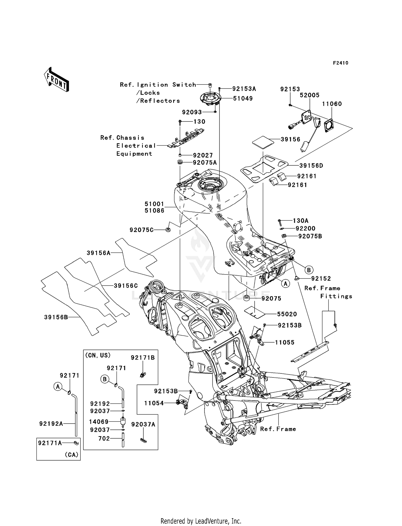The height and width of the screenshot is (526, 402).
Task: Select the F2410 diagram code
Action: click(340, 63)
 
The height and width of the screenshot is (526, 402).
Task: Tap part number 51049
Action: click(243, 98)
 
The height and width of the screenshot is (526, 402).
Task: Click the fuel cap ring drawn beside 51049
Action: click(210, 98)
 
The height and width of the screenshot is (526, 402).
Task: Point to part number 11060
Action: click(332, 104)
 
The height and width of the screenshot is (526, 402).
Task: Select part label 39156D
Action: click(311, 166)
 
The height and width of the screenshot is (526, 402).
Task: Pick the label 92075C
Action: click(142, 230)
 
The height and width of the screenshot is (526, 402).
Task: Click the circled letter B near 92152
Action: click(309, 270)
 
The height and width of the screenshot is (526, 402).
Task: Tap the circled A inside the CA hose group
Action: click(58, 387)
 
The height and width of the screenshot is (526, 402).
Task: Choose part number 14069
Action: click(99, 422)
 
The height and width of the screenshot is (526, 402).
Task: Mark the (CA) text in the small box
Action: click(72, 455)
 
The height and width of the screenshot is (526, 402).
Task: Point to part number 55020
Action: click(287, 314)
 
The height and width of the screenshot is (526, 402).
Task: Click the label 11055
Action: click(285, 342)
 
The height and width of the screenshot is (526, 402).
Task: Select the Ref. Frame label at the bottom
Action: click(278, 429)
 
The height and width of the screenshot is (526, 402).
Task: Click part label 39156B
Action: click(56, 317)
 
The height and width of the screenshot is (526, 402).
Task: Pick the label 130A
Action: click(300, 221)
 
